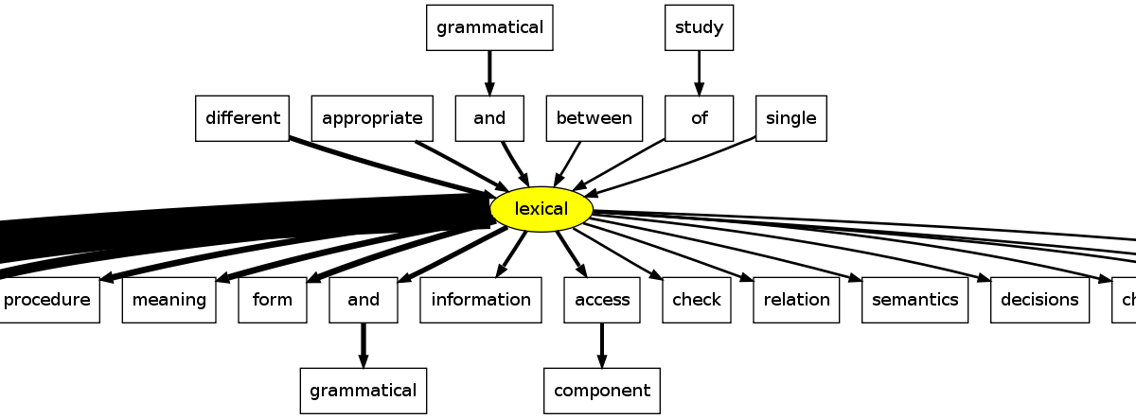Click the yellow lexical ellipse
[541, 209]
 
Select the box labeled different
[242, 118]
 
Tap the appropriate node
[372, 118]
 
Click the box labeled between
[594, 118]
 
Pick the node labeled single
[790, 118]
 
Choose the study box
[699, 27]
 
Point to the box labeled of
[699, 118]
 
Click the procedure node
[47, 300]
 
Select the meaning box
[169, 300]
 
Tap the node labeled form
[272, 300]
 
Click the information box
[481, 300]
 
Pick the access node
[602, 300]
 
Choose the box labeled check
[697, 300]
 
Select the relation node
[796, 300]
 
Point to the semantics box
[914, 300]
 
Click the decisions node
[1040, 300]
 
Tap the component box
[602, 391]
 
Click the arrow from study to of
[699, 73]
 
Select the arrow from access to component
[602, 345]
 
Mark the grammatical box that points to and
[489, 27]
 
